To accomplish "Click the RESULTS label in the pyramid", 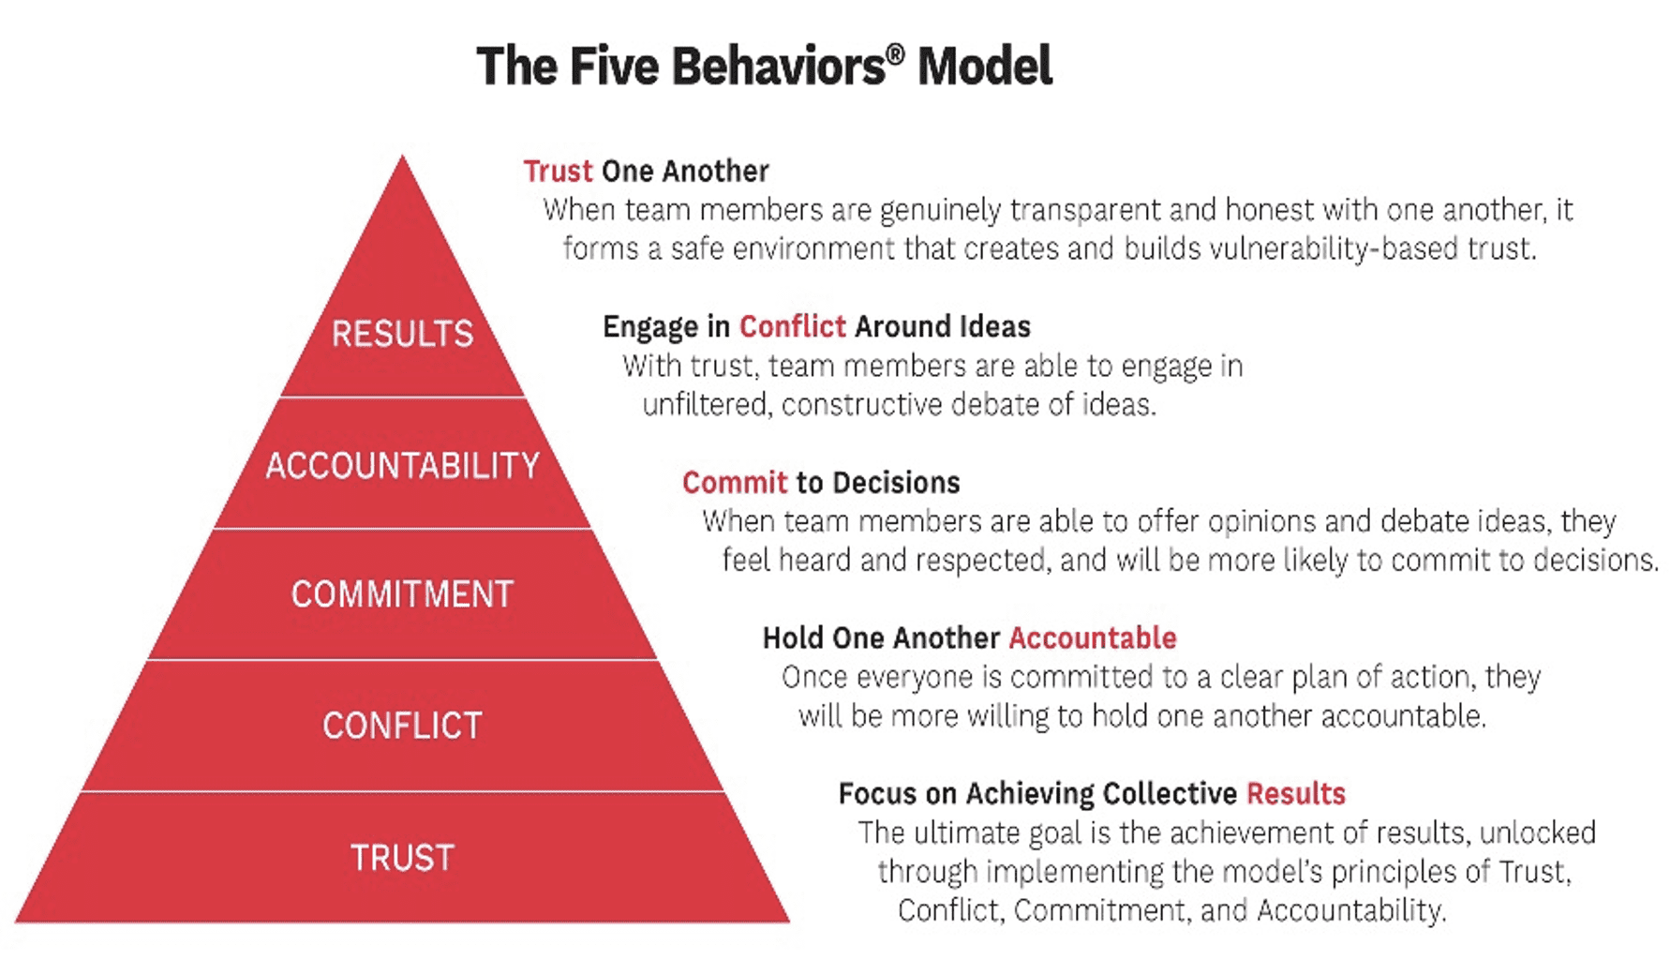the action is pyautogui.click(x=403, y=334).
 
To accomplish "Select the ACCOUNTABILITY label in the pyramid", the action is pyautogui.click(x=403, y=465).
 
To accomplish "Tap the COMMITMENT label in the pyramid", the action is pyautogui.click(x=403, y=594).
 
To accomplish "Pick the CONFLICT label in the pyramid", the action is pyautogui.click(x=403, y=726).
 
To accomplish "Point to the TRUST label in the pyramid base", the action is pyautogui.click(x=403, y=858).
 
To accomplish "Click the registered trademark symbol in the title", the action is pyautogui.click(x=895, y=55).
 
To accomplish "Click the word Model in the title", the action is pyautogui.click(x=985, y=67).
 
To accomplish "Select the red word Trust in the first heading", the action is pyautogui.click(x=558, y=171).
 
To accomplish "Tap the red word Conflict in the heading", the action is pyautogui.click(x=792, y=326).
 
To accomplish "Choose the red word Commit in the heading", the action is pyautogui.click(x=735, y=482).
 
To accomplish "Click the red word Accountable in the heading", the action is pyautogui.click(x=1093, y=637).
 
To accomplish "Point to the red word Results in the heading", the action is pyautogui.click(x=1296, y=793).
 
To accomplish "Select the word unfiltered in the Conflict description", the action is pyautogui.click(x=708, y=404).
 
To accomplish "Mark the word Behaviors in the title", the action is pyautogui.click(x=778, y=67).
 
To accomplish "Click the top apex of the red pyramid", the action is pyautogui.click(x=403, y=156).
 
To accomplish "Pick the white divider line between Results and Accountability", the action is pyautogui.click(x=403, y=397).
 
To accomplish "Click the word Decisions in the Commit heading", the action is pyautogui.click(x=896, y=482).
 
